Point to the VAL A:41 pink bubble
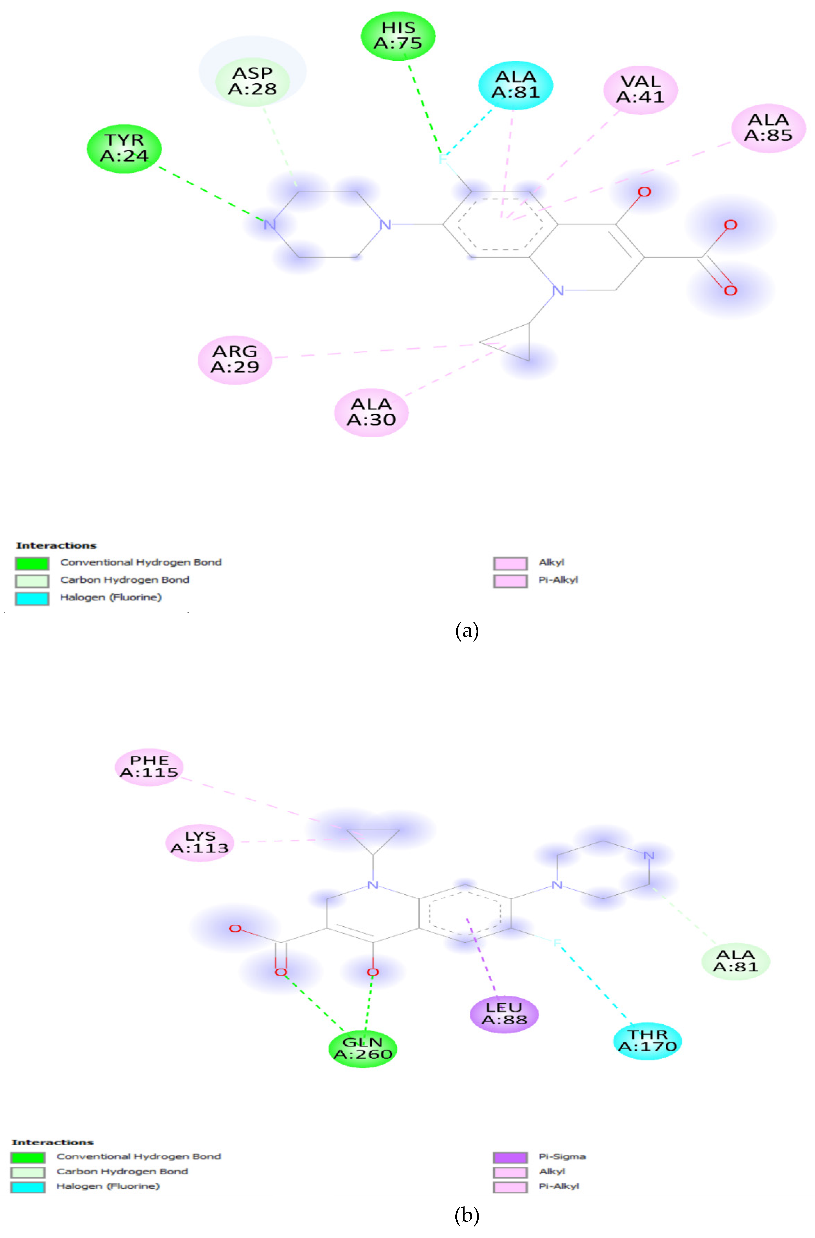[x=640, y=89]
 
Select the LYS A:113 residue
[x=200, y=842]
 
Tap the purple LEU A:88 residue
[x=503, y=1014]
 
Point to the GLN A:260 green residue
[x=362, y=1048]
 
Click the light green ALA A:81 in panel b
[x=735, y=961]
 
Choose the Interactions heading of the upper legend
[x=56, y=545]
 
